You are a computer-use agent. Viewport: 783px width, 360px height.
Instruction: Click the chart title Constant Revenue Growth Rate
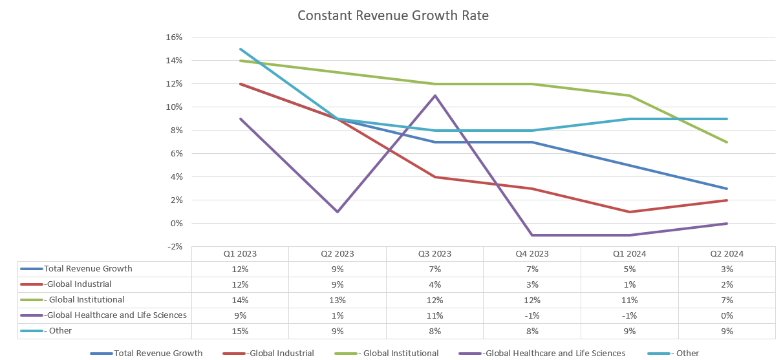point(393,15)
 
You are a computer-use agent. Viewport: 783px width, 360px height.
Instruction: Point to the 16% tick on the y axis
point(175,37)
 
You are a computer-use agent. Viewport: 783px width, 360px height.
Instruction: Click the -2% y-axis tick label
point(175,247)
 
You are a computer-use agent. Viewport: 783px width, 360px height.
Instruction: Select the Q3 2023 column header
point(434,254)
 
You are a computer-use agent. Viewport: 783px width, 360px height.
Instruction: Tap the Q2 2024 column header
point(727,254)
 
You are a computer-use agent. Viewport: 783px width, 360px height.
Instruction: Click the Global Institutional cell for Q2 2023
point(337,301)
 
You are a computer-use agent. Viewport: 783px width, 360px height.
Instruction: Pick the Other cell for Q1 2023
point(240,332)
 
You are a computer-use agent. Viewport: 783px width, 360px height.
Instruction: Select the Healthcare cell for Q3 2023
point(434,316)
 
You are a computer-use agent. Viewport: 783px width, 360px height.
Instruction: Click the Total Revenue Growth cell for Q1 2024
point(629,270)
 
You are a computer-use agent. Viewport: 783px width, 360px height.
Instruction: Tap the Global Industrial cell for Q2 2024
point(727,285)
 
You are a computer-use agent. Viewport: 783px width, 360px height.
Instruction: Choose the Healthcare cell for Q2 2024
point(727,316)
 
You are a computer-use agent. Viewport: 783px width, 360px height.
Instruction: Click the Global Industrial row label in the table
point(78,284)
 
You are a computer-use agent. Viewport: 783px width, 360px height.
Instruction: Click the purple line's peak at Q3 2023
point(434,96)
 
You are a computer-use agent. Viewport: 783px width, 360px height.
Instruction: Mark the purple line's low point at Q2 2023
point(337,212)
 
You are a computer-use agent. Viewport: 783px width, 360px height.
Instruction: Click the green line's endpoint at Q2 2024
point(727,142)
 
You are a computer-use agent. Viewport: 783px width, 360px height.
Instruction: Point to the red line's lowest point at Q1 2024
point(629,212)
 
